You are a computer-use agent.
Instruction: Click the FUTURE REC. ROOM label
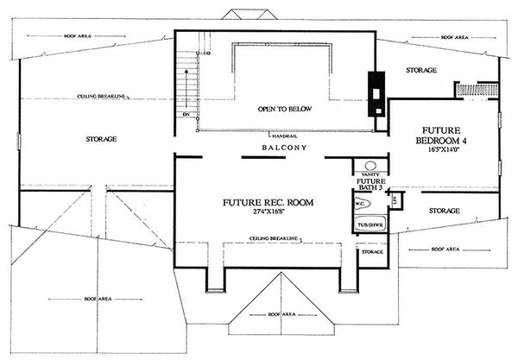click(268, 202)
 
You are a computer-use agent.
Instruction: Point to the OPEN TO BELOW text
click(285, 110)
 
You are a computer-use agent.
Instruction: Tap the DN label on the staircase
click(186, 113)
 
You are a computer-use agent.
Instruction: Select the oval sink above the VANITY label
click(370, 165)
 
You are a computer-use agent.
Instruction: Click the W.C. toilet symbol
click(363, 205)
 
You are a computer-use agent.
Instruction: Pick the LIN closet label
click(394, 201)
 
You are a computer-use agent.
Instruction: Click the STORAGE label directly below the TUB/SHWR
click(372, 251)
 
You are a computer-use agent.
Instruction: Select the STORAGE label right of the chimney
click(421, 70)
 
